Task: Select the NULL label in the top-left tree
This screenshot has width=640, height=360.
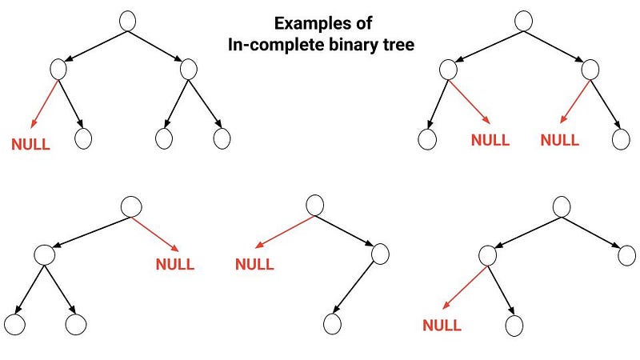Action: (x=30, y=146)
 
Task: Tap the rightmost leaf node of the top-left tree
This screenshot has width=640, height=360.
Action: (x=222, y=138)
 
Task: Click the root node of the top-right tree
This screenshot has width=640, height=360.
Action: (x=524, y=21)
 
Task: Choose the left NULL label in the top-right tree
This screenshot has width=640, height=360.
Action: (x=490, y=140)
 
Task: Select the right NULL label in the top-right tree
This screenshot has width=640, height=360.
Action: (x=560, y=140)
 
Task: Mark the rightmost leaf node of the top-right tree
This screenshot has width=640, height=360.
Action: (x=622, y=138)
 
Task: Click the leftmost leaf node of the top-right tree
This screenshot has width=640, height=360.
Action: (x=427, y=138)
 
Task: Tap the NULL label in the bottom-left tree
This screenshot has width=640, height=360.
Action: (x=175, y=265)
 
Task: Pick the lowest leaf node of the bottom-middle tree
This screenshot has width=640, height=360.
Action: (x=332, y=324)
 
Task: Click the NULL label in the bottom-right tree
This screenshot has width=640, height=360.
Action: (x=442, y=326)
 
